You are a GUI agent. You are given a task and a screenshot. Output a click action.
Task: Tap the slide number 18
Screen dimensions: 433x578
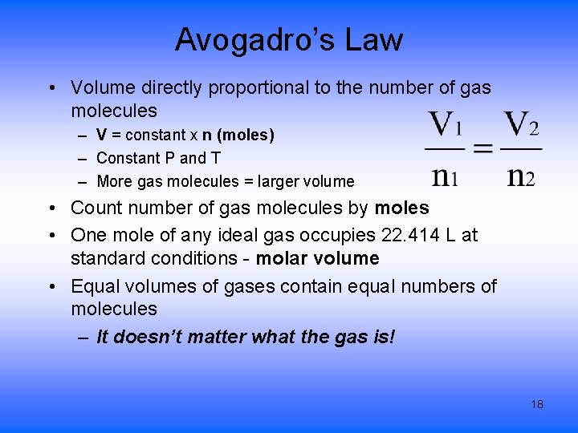point(537,404)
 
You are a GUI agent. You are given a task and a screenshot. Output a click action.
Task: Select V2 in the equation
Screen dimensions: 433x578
point(521,125)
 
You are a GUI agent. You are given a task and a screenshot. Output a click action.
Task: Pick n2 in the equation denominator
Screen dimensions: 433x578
point(520,175)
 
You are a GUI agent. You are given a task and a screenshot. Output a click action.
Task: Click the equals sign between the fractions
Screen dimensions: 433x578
point(482,149)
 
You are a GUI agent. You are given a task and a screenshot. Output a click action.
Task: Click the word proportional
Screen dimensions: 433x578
point(261,87)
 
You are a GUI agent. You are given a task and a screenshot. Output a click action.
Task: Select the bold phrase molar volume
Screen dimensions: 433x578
point(318,258)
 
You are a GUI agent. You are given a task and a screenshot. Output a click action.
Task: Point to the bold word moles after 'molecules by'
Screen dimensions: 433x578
point(402,208)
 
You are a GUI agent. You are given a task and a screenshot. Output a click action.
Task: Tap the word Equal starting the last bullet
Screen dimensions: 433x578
point(95,286)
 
